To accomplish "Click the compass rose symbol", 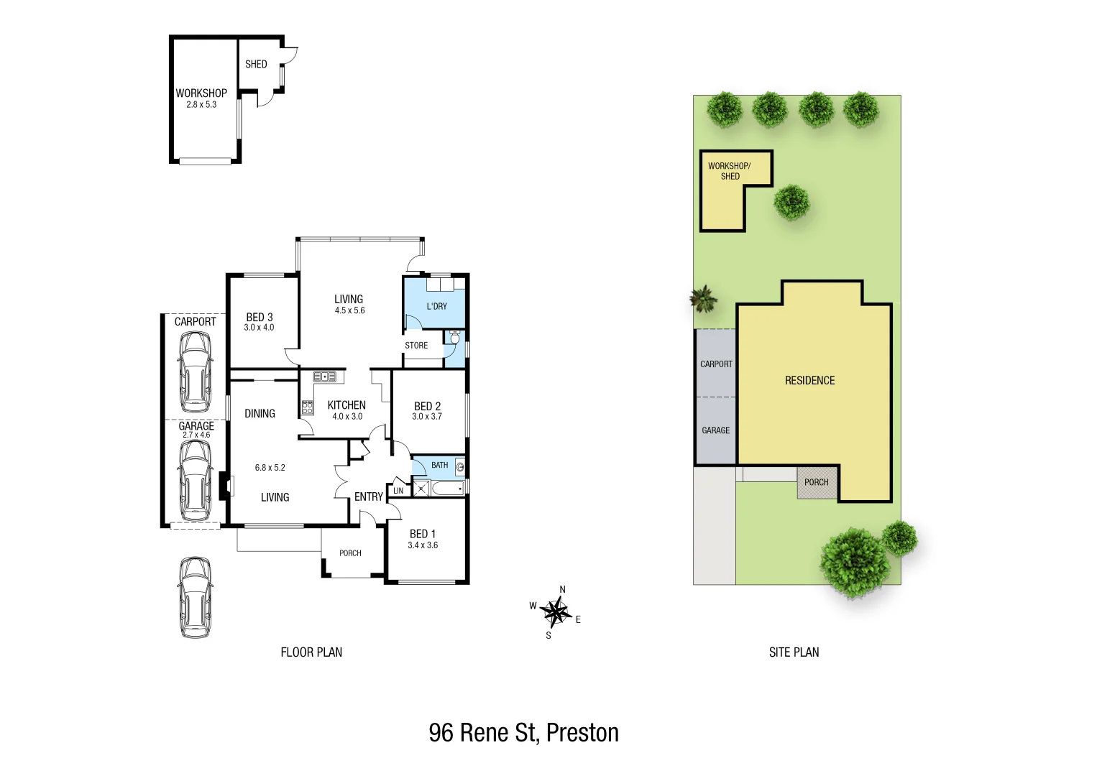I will click(x=555, y=612).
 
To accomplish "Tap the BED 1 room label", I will click(x=423, y=534).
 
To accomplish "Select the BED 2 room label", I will click(x=427, y=406).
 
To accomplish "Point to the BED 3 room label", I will click(x=259, y=317).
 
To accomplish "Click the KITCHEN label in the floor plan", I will click(x=346, y=405).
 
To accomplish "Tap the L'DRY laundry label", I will click(x=436, y=306).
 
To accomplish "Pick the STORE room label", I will click(x=416, y=346).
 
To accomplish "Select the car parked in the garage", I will click(x=196, y=480).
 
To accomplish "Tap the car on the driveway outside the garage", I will click(x=196, y=597).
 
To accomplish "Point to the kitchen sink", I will click(x=325, y=376).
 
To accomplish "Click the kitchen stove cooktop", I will click(x=308, y=407).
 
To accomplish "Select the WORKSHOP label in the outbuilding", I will click(x=201, y=93).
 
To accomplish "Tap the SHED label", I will click(x=256, y=64).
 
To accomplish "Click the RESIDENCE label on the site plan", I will click(x=809, y=381).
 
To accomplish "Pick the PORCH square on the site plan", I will click(x=817, y=482).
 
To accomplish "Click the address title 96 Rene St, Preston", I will click(x=523, y=733).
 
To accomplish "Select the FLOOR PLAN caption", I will click(x=311, y=652).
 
